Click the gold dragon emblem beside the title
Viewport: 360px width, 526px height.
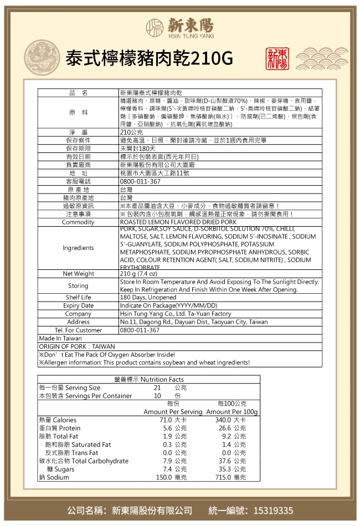(x=40, y=58)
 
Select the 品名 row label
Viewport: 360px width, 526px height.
(x=78, y=92)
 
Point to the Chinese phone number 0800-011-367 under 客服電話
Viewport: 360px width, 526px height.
(x=140, y=181)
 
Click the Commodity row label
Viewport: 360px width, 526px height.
(x=78, y=222)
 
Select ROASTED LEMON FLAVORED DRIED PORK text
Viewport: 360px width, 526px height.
(x=178, y=222)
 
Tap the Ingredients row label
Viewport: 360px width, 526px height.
(x=78, y=248)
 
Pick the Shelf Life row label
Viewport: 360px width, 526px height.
(x=78, y=298)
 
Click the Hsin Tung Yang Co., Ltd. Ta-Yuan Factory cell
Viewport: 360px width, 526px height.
(x=175, y=314)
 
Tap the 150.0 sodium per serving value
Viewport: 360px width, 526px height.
(x=164, y=477)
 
